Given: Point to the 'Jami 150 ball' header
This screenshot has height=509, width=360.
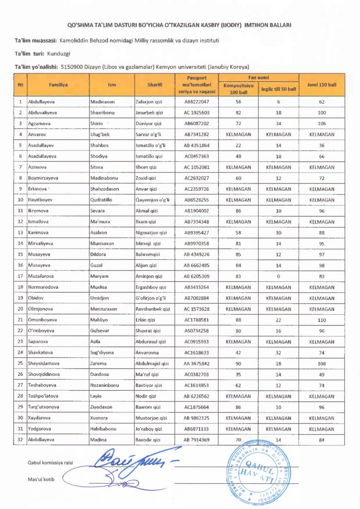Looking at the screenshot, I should pyautogui.click(x=322, y=85).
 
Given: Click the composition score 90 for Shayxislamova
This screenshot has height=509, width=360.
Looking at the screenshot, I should pyautogui.click(x=238, y=363).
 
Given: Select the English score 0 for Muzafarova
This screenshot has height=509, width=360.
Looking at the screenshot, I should pyautogui.click(x=278, y=276).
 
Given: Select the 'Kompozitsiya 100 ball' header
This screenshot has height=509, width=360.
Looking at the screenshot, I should pyautogui.click(x=238, y=88).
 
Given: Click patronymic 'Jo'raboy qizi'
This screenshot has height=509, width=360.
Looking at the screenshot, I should pyautogui.click(x=149, y=429).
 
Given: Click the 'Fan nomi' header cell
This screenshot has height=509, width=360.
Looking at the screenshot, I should pyautogui.click(x=259, y=78).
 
